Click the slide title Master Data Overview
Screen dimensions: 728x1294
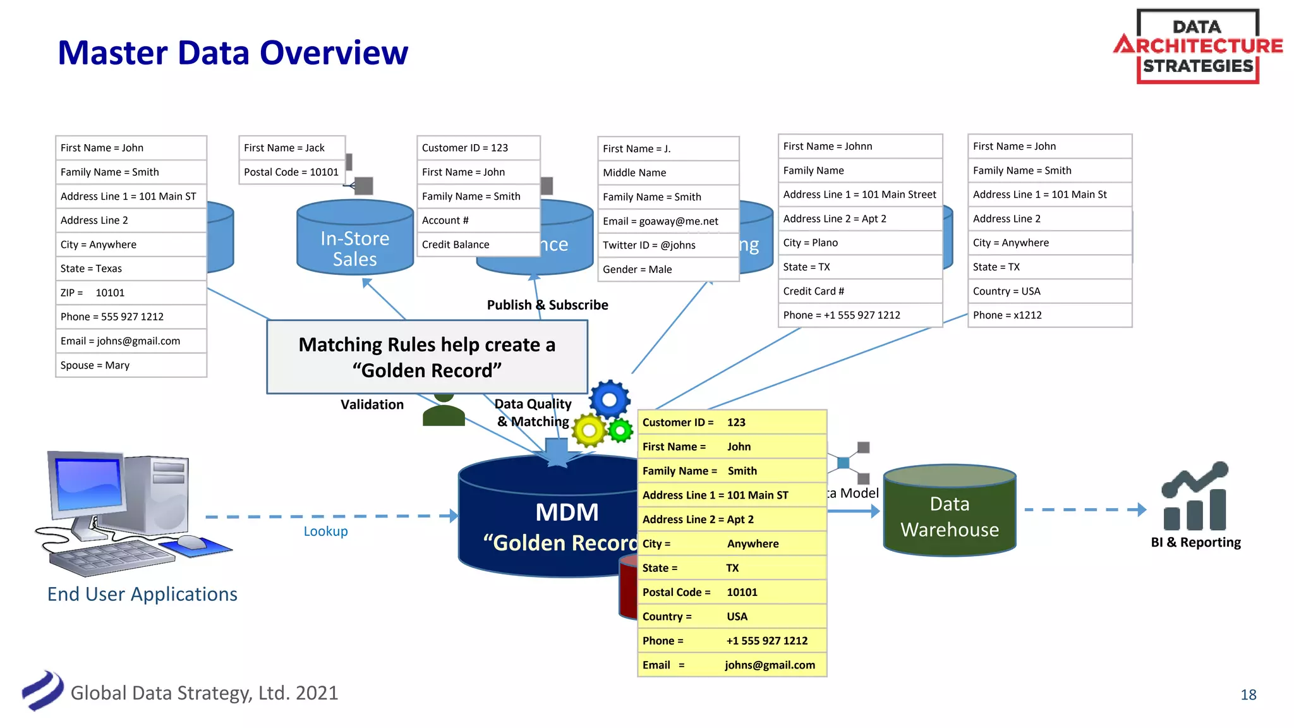click(x=233, y=52)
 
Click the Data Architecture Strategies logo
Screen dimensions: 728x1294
click(x=1197, y=46)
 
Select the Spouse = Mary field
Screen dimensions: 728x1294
click(x=131, y=365)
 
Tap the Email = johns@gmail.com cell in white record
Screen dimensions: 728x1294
click(x=131, y=341)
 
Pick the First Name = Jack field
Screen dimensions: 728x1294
click(x=291, y=148)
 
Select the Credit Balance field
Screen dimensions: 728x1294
click(x=478, y=245)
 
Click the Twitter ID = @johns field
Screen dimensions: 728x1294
click(x=667, y=245)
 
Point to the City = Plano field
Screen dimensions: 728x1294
click(x=859, y=243)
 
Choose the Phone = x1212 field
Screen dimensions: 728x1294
click(x=1049, y=315)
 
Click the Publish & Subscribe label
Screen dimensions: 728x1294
click(x=547, y=305)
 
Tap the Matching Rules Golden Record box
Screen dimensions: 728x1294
click(x=427, y=357)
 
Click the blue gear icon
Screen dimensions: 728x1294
click(x=610, y=399)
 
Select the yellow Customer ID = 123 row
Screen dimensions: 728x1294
click(x=732, y=422)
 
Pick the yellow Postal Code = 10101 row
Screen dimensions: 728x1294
click(x=732, y=592)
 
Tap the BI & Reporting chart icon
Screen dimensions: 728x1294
click(x=1195, y=497)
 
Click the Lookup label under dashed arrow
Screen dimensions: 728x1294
click(x=325, y=531)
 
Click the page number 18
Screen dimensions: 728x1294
click(x=1248, y=695)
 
